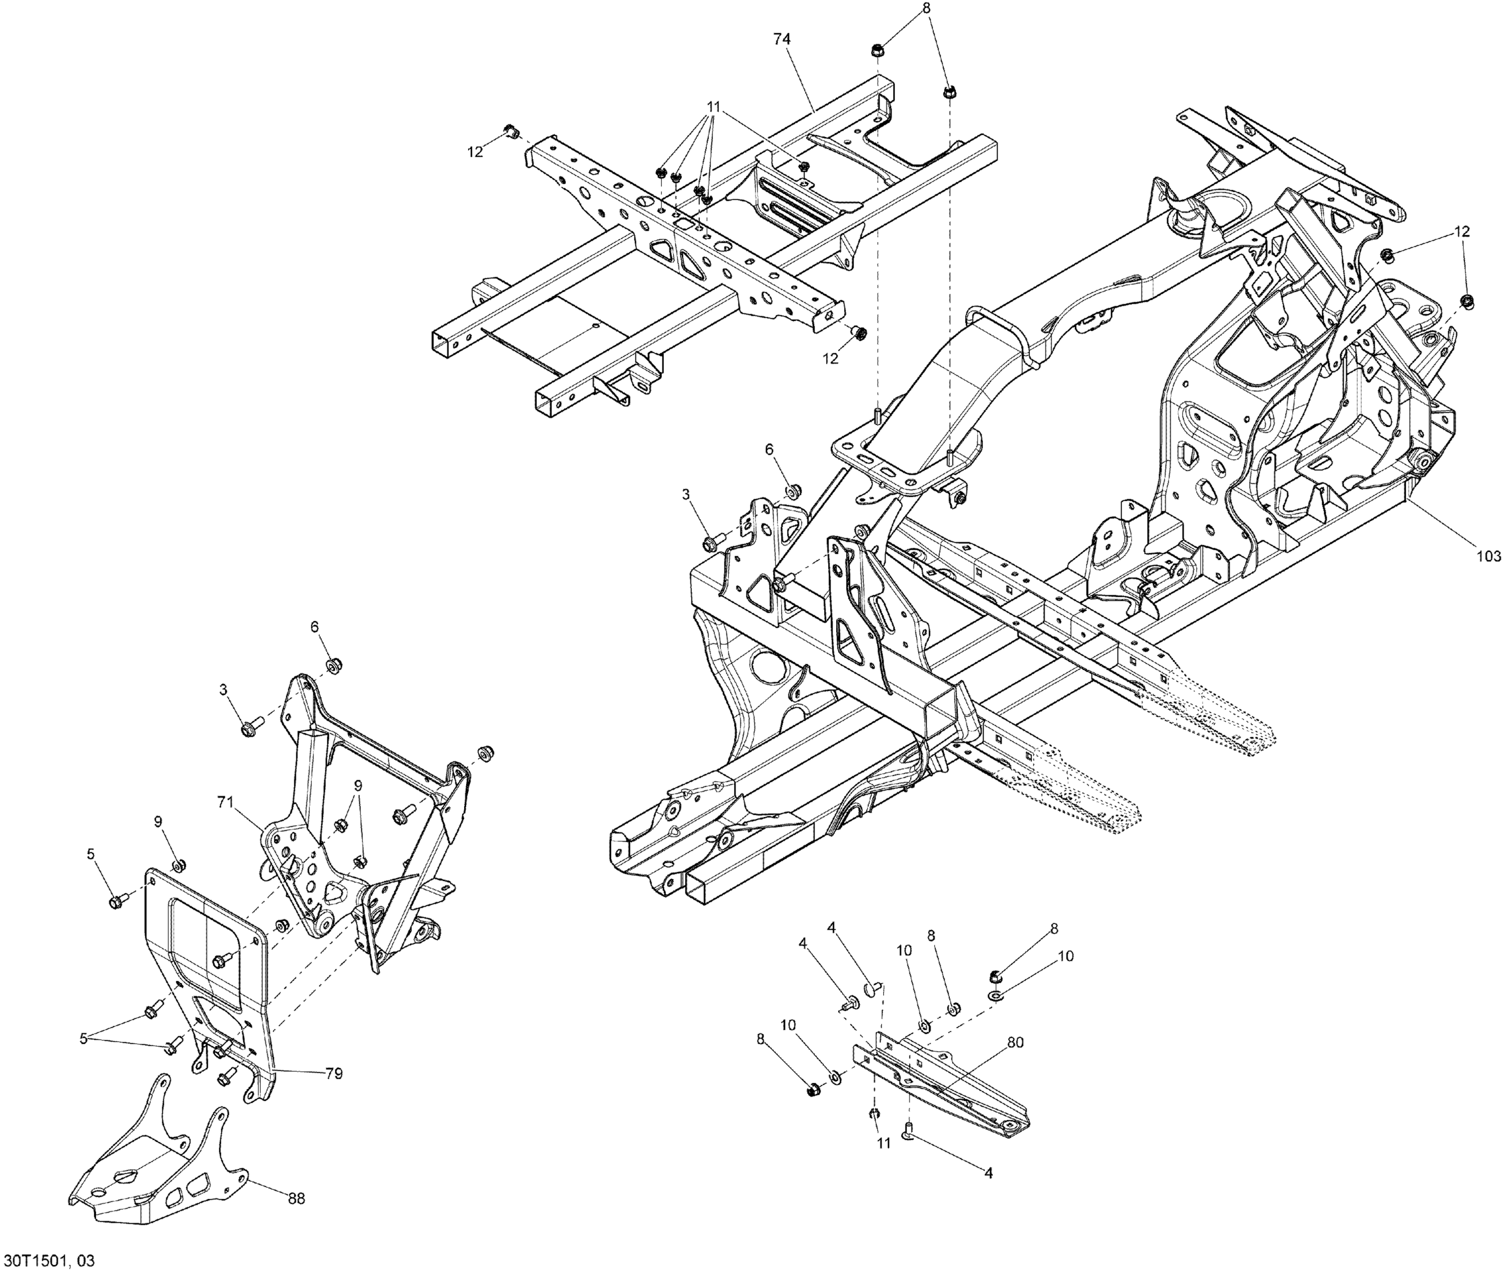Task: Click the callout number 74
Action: (782, 40)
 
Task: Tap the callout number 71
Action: (226, 801)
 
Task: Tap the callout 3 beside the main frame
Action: (685, 495)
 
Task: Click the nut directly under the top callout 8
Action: (875, 52)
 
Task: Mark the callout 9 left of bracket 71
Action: (158, 822)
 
